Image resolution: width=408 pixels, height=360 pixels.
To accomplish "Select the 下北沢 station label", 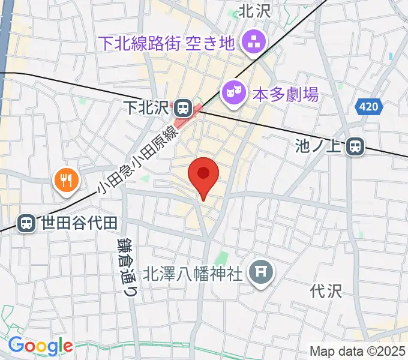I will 146,108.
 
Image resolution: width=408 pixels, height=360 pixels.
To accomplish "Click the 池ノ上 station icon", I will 356,145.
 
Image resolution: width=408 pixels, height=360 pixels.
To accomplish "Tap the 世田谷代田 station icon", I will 26,223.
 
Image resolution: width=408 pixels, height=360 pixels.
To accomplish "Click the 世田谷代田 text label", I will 78,223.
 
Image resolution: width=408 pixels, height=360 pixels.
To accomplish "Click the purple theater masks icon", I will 232,93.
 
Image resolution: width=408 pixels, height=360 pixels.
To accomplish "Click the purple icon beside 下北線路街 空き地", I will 250,42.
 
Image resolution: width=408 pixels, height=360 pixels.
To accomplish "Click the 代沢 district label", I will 325,292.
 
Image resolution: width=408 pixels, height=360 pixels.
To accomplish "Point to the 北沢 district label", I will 255,11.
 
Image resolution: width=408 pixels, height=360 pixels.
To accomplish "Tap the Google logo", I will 40,346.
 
